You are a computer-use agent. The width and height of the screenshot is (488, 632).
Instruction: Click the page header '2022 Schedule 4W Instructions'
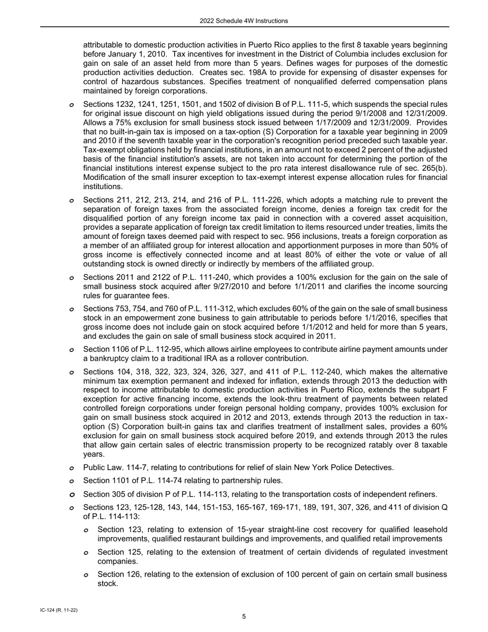[243, 21]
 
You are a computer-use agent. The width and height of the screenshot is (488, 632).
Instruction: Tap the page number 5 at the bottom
[244, 617]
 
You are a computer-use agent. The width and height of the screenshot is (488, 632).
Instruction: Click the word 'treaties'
[400, 227]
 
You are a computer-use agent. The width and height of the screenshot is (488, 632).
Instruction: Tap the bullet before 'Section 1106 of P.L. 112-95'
[71, 350]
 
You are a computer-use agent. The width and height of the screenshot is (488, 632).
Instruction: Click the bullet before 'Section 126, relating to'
[86, 575]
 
